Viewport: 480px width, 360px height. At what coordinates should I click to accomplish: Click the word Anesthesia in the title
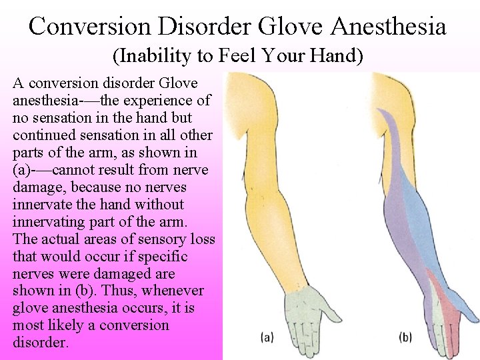(x=388, y=26)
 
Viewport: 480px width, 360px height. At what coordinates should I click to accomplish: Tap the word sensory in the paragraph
(x=141, y=239)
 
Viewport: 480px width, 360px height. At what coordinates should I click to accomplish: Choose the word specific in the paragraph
(x=162, y=257)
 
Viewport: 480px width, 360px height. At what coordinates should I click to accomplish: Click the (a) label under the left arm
(x=267, y=337)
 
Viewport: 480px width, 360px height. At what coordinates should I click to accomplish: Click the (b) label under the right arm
(x=405, y=337)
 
